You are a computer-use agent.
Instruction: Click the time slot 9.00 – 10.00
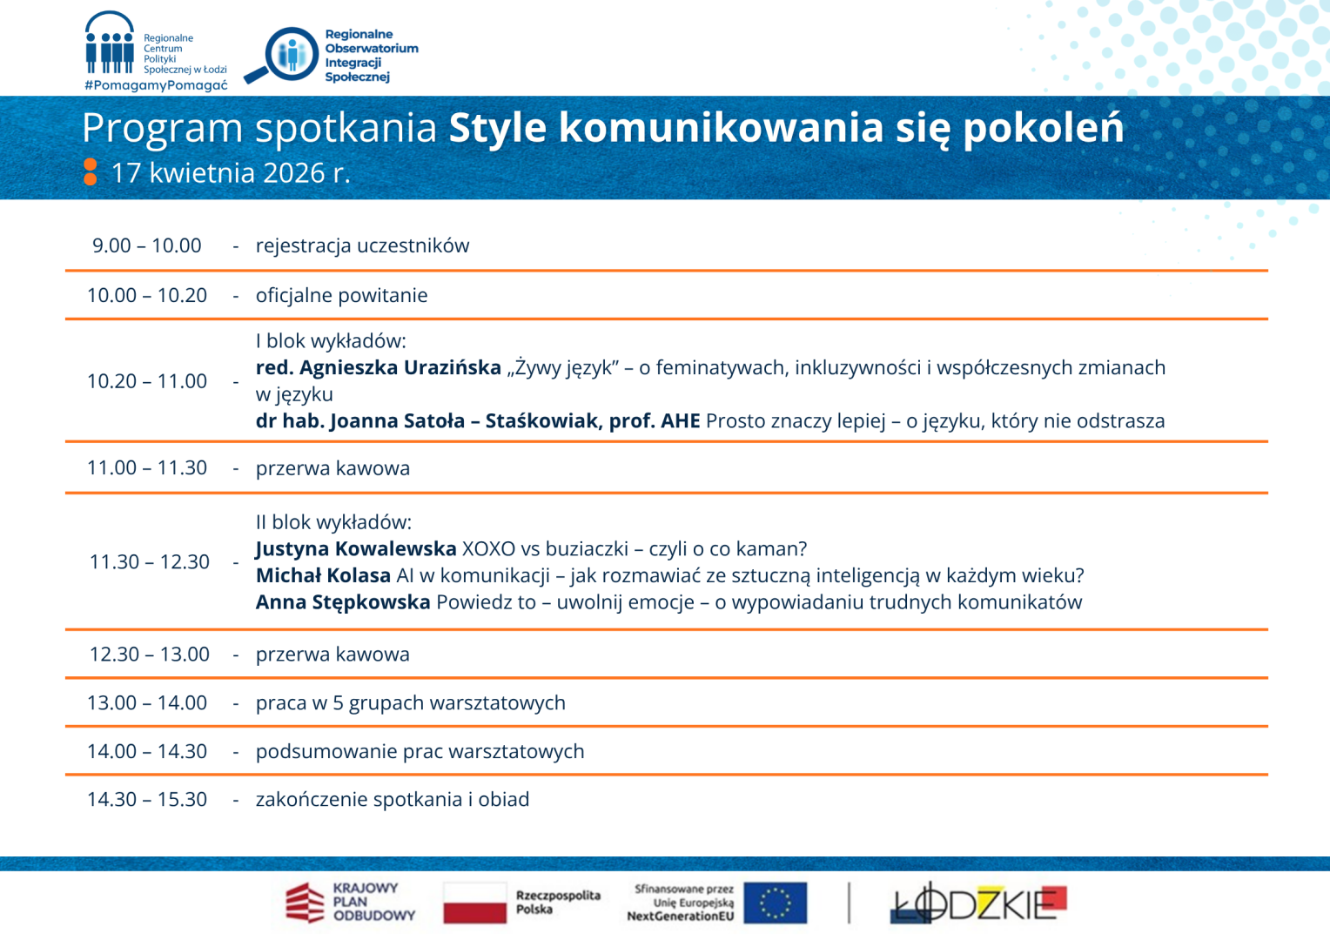click(x=146, y=245)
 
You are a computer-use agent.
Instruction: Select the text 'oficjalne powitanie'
click(x=341, y=295)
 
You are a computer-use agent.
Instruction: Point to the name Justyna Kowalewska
click(x=356, y=549)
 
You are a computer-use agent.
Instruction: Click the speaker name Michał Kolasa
click(x=323, y=575)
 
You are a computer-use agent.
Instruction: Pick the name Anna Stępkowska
click(x=343, y=602)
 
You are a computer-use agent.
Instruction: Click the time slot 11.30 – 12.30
click(x=149, y=562)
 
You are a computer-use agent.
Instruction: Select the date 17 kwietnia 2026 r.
click(x=231, y=173)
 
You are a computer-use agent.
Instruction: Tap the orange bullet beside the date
click(x=90, y=172)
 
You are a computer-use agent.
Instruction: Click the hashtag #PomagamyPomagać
click(x=156, y=85)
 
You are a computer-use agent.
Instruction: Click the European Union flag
click(x=775, y=903)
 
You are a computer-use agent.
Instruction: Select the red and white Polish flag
click(x=474, y=903)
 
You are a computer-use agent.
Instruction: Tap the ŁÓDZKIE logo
click(x=978, y=903)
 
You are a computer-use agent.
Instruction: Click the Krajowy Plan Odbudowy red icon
click(x=305, y=903)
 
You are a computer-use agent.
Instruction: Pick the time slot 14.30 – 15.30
click(x=146, y=800)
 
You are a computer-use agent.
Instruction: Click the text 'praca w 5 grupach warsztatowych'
click(x=410, y=703)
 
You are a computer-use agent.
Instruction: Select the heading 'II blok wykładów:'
click(x=333, y=522)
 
